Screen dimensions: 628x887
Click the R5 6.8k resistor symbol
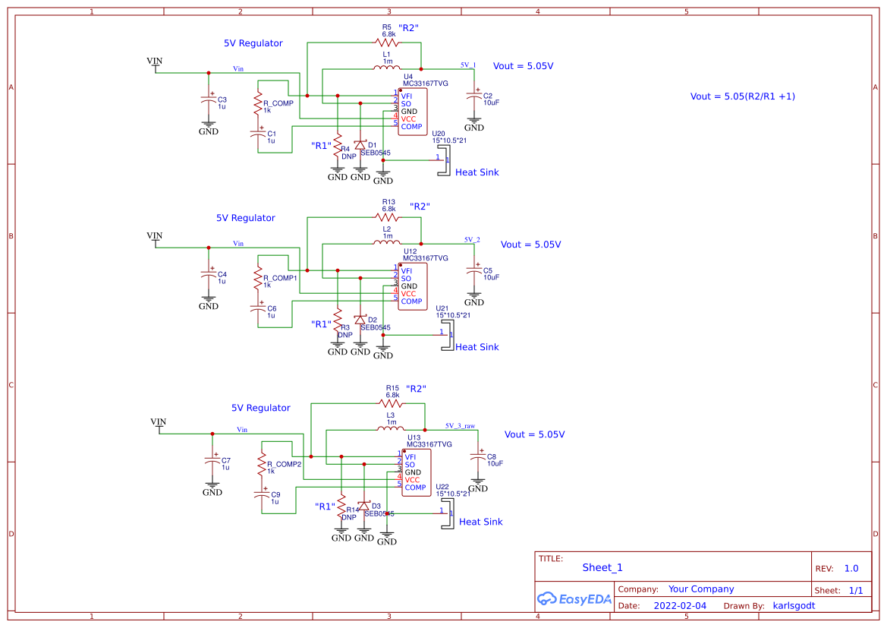(x=386, y=43)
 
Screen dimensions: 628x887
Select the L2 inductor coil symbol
(x=386, y=243)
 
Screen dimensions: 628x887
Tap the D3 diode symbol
(x=364, y=506)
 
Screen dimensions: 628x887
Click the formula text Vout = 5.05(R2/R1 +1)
(x=742, y=96)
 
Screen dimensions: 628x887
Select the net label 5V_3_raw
(x=460, y=426)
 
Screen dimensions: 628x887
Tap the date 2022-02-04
(x=679, y=606)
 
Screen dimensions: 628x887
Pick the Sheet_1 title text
(x=602, y=567)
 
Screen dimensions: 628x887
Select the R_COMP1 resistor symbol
(x=258, y=279)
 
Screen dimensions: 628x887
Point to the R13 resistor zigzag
(x=386, y=217)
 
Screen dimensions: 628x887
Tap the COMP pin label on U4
(x=411, y=126)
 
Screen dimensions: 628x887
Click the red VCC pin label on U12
(x=408, y=294)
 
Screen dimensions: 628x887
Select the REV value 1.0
(x=851, y=568)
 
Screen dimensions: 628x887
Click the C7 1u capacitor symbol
(x=212, y=461)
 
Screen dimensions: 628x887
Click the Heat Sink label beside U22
(x=480, y=522)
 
